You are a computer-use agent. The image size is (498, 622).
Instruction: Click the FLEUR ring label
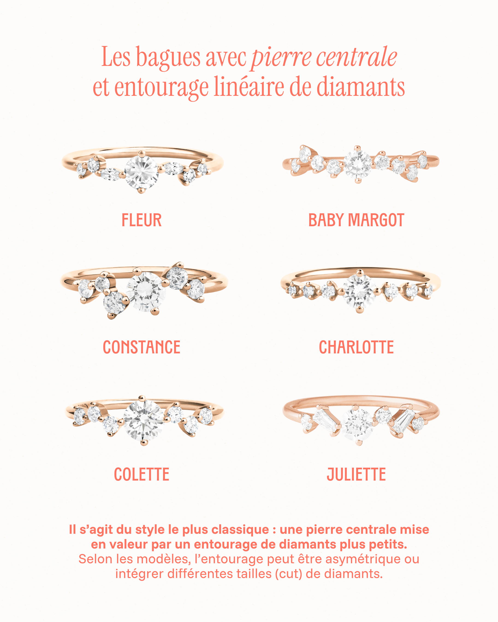142,220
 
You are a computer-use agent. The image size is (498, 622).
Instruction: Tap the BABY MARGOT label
356,220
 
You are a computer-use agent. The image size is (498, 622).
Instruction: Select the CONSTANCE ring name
142,347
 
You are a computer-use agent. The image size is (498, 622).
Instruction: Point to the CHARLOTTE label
356,347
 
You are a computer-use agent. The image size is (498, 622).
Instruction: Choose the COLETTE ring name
142,474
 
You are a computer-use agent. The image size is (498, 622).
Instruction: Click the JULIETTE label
356,474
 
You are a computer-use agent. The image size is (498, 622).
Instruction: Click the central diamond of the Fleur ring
142,172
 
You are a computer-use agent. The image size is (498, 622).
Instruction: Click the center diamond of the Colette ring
143,420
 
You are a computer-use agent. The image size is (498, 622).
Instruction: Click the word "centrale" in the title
356,57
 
